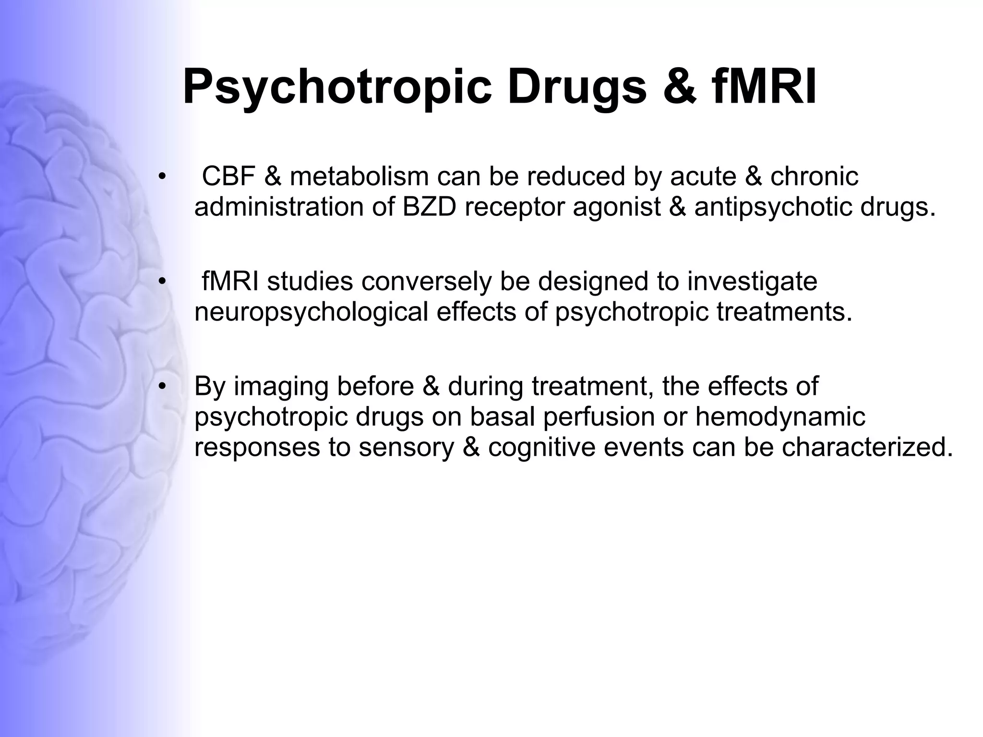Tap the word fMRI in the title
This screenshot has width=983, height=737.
point(763,87)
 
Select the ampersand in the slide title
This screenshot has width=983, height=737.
point(680,87)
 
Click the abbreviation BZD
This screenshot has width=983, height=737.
point(429,207)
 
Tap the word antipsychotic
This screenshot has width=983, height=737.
point(773,208)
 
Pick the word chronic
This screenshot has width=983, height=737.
point(814,176)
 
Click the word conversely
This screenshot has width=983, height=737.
point(426,282)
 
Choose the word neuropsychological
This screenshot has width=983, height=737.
point(311,312)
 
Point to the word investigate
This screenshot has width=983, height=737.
point(752,282)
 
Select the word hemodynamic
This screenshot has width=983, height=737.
point(780,417)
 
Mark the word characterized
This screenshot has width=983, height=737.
point(867,447)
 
